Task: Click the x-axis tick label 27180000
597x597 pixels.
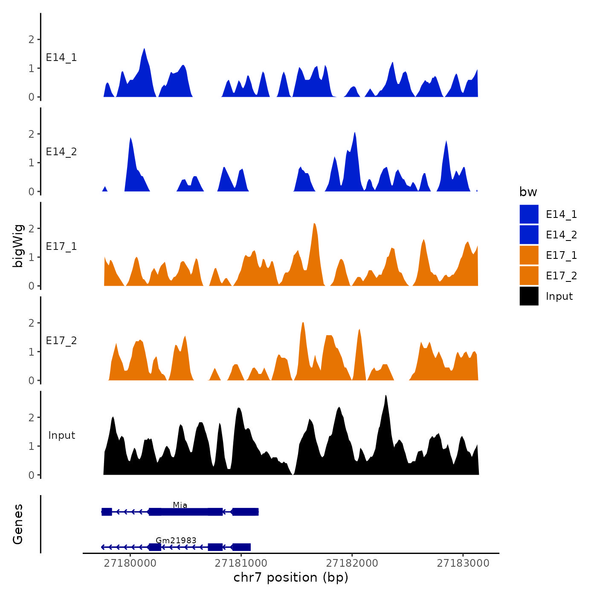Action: [130, 563]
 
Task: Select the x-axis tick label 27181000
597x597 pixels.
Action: [241, 563]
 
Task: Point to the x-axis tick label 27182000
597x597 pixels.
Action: [352, 563]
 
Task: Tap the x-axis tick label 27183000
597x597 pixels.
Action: [463, 563]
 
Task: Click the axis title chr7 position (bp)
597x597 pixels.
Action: [291, 578]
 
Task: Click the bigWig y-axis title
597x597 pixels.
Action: [18, 246]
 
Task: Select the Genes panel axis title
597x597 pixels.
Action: [18, 524]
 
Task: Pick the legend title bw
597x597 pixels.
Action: [528, 192]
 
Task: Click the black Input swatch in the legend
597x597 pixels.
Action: [529, 296]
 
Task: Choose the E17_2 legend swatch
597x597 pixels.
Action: [529, 275]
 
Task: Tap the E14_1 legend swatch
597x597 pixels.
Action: [529, 214]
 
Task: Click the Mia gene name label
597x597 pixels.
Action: [180, 505]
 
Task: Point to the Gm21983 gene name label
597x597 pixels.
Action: [176, 540]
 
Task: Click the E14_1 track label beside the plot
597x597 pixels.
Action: [61, 58]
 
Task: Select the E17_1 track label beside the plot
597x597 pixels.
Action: [61, 246]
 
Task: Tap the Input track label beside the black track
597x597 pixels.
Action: [61, 435]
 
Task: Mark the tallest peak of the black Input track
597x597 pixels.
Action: [385, 396]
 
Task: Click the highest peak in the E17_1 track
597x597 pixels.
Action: [314, 224]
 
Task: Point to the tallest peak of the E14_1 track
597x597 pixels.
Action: [144, 49]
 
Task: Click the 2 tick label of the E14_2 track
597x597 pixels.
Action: [31, 134]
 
